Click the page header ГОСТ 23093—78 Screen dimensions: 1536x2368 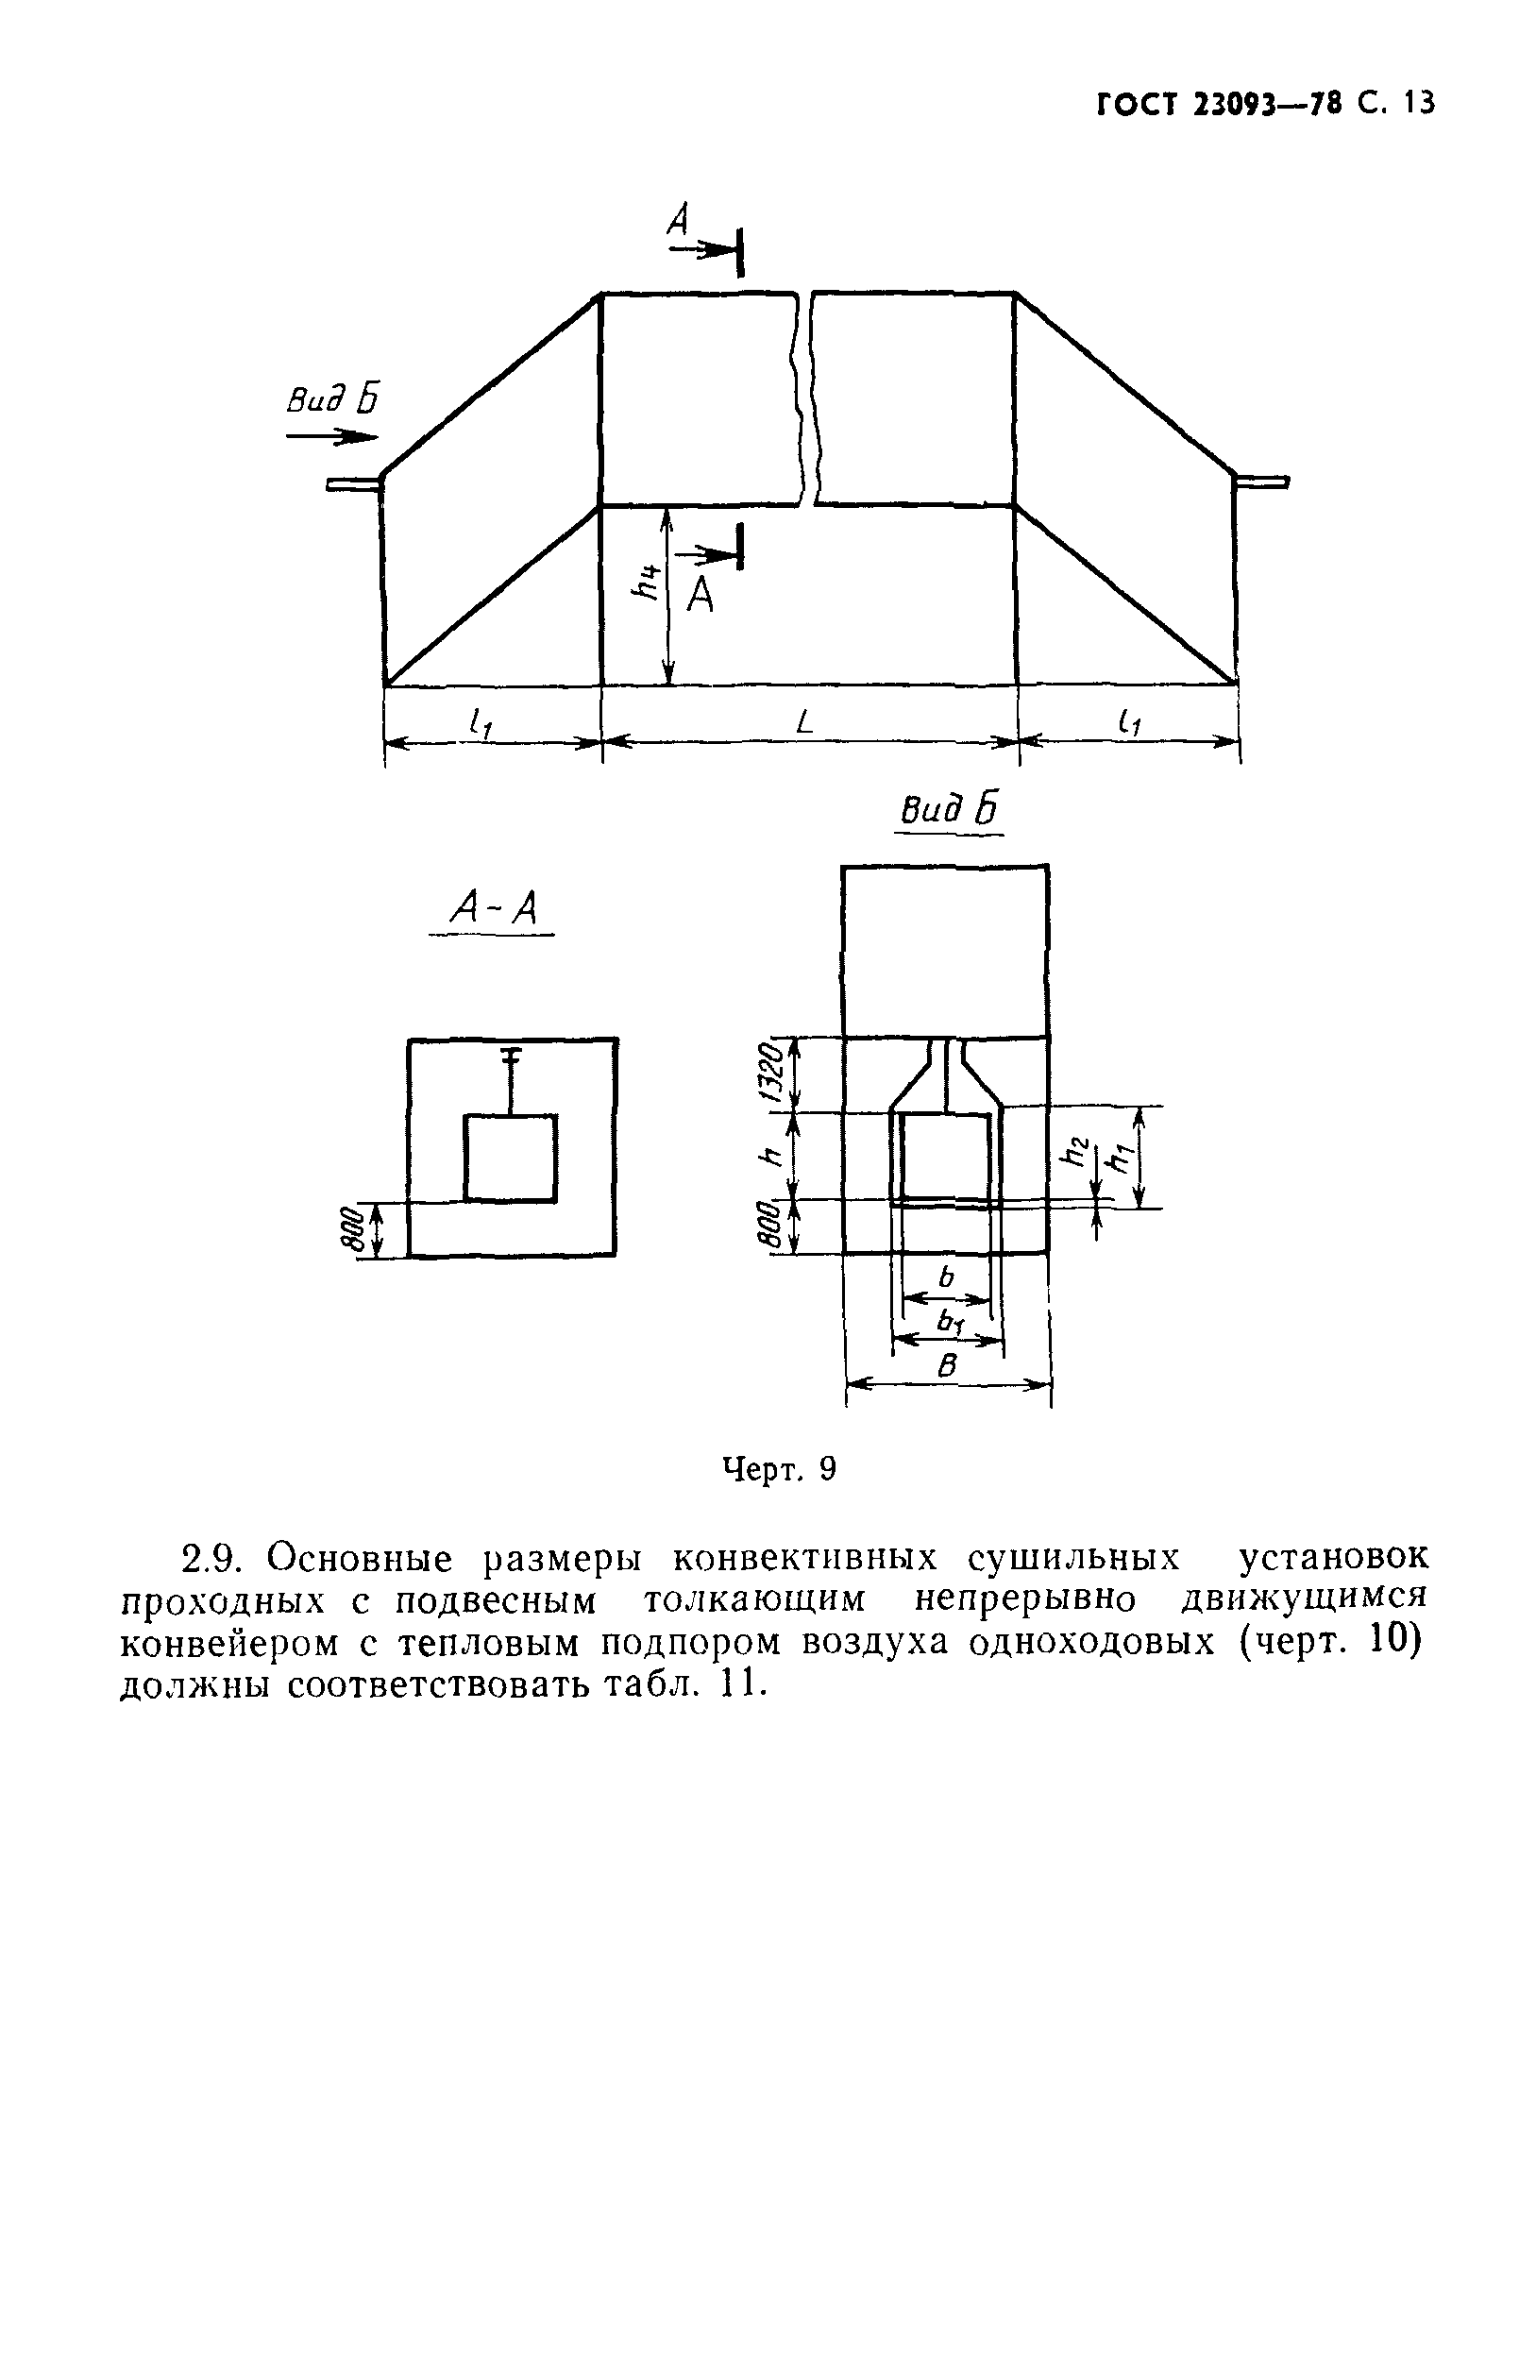pos(1219,105)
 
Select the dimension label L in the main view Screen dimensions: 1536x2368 pos(803,722)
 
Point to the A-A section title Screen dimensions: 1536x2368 pos(493,907)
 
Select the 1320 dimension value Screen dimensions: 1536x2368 pos(773,1073)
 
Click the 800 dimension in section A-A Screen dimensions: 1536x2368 pos(348,1231)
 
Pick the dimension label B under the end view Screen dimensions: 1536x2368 pos(948,1366)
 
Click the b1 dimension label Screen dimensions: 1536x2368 pos(950,1322)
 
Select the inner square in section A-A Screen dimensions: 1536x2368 pos(511,1158)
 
